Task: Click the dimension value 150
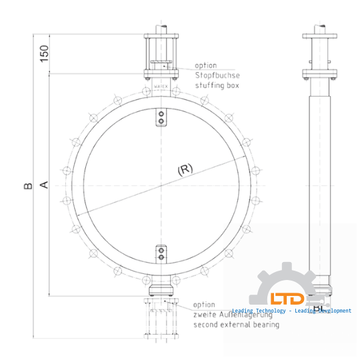pyautogui.click(x=45, y=53)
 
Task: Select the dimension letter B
pyautogui.click(x=28, y=184)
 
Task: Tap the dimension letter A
pyautogui.click(x=45, y=184)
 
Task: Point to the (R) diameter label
pyautogui.click(x=185, y=169)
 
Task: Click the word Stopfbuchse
pyautogui.click(x=217, y=75)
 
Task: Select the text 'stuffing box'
pyautogui.click(x=217, y=85)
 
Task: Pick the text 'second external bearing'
pyautogui.click(x=236, y=325)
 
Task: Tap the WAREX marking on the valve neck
pyautogui.click(x=160, y=87)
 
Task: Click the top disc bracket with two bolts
pyautogui.click(x=160, y=117)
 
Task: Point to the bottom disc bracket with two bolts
pyautogui.click(x=160, y=253)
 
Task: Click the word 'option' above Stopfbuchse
pyautogui.click(x=206, y=65)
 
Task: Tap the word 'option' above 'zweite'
pyautogui.click(x=205, y=304)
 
